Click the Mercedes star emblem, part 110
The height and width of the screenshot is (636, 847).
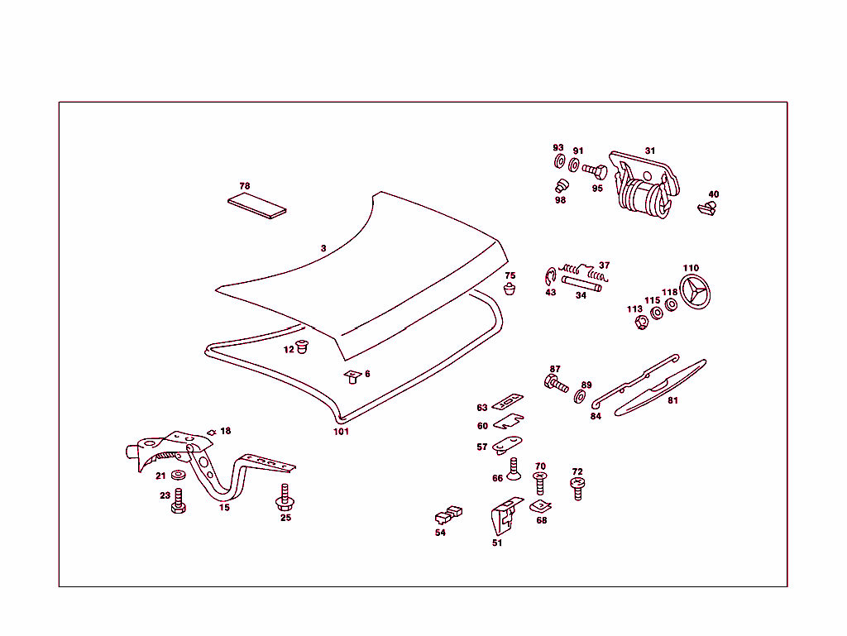pos(695,292)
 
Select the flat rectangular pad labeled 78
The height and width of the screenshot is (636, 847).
pos(257,206)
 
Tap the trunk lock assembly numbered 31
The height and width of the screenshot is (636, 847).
pos(644,184)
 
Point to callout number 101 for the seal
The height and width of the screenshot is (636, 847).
pos(341,432)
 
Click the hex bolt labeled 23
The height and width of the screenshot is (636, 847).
pos(179,501)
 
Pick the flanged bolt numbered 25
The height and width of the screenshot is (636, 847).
pos(285,497)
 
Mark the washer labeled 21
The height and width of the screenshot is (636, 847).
pos(178,475)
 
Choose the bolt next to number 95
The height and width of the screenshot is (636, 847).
pos(595,172)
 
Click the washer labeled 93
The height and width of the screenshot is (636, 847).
pos(560,161)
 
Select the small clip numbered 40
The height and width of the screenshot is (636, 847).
pos(707,208)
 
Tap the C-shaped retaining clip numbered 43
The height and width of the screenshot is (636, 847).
pos(550,277)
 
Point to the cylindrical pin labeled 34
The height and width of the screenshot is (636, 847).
pos(581,284)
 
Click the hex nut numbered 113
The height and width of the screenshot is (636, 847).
pos(641,323)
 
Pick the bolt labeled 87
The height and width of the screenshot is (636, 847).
pos(556,384)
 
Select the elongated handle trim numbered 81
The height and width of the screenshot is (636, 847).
pos(660,387)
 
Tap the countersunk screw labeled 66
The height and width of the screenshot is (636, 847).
pos(514,469)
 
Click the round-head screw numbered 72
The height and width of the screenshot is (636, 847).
pos(577,488)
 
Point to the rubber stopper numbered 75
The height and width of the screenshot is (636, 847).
pos(510,288)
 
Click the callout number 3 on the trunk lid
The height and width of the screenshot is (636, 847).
pos(323,248)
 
